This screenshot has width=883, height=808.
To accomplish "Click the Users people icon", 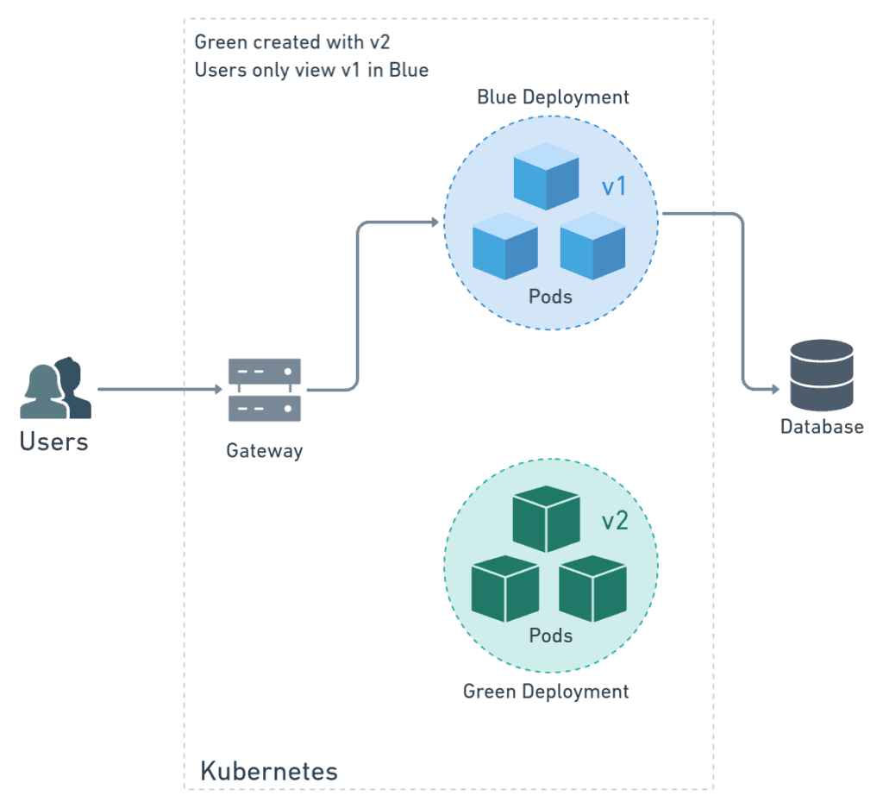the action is tap(56, 387).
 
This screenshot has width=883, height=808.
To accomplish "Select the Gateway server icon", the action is tap(265, 390).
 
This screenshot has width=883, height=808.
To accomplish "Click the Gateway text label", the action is tap(265, 451).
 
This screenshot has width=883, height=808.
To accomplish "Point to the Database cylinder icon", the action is tap(822, 375).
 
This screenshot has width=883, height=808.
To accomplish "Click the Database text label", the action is tap(822, 427).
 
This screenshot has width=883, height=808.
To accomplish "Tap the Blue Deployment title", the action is tap(553, 97).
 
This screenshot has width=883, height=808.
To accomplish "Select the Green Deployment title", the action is tap(546, 692).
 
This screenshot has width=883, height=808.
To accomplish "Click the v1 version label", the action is tap(614, 186).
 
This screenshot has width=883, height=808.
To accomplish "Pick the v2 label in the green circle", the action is tap(615, 521).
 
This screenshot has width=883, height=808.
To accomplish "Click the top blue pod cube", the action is tap(546, 176).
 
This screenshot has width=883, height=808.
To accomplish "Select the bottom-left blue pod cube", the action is tap(505, 246).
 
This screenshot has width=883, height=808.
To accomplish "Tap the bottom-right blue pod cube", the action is tap(593, 246).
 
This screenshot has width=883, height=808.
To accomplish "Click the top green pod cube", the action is tap(546, 519).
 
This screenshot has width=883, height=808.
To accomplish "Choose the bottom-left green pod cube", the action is tap(505, 589).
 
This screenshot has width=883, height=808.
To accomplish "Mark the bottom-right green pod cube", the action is tap(593, 589).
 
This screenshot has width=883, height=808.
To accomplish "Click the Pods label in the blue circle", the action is tap(550, 297).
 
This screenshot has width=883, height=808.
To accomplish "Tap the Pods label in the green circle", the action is tap(551, 636).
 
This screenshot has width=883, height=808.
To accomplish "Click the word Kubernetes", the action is tap(269, 772).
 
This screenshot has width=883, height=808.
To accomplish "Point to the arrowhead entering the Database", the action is tap(775, 389).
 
